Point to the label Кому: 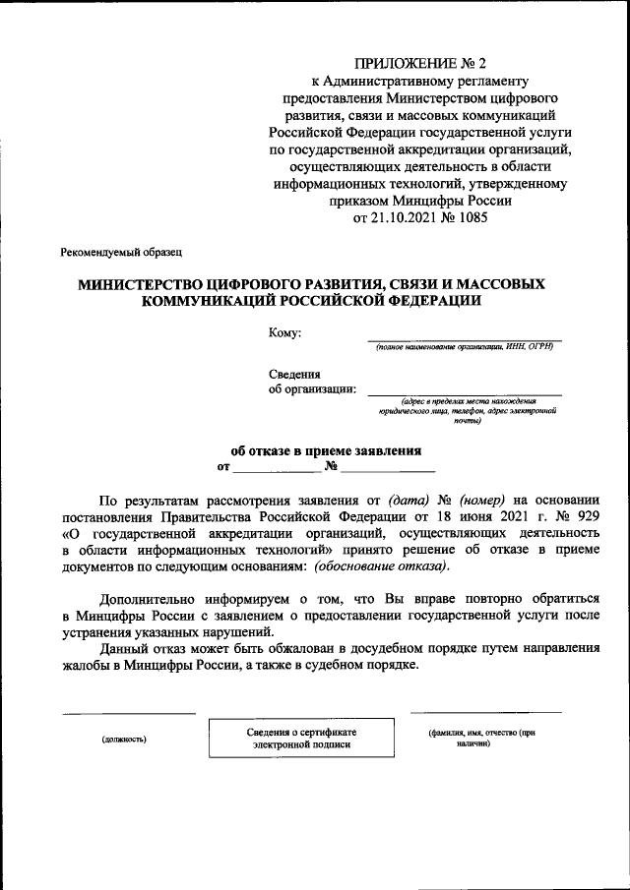pyautogui.click(x=285, y=333)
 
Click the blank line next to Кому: pyautogui.click(x=463, y=337)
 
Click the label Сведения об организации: pyautogui.click(x=311, y=382)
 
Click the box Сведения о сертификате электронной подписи pyautogui.click(x=300, y=738)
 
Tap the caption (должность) pyautogui.click(x=124, y=739)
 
